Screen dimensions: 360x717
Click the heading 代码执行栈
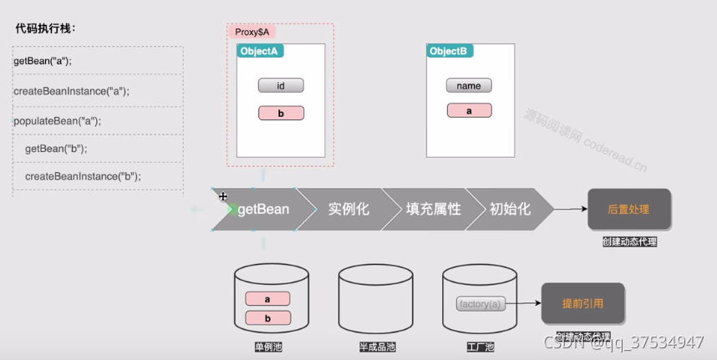(45, 28)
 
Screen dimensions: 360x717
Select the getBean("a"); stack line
(43, 61)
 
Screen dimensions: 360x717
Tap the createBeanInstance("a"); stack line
(71, 90)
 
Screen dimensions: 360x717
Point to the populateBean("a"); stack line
(57, 120)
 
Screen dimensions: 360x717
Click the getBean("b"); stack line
(56, 149)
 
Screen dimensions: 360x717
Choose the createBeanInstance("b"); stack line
(83, 176)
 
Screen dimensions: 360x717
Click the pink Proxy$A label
(252, 32)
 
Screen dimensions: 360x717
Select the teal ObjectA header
(261, 51)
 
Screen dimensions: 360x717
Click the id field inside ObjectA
(281, 85)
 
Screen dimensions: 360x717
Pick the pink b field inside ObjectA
(281, 113)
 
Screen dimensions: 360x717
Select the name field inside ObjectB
(469, 85)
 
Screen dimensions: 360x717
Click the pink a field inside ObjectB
(469, 110)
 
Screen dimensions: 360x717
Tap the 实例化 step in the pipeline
(348, 209)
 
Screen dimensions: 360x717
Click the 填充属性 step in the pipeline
(433, 209)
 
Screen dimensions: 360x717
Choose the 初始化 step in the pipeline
(510, 209)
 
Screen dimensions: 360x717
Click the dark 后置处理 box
(628, 209)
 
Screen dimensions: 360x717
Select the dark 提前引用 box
(583, 303)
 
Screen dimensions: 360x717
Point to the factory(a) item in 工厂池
(481, 304)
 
